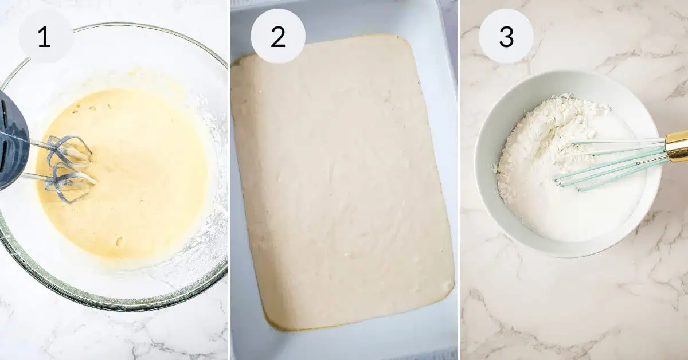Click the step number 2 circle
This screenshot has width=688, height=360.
[278, 36]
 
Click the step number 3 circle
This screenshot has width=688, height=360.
[506, 36]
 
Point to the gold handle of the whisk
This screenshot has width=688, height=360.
[677, 145]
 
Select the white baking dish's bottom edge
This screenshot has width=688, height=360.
[344, 344]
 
